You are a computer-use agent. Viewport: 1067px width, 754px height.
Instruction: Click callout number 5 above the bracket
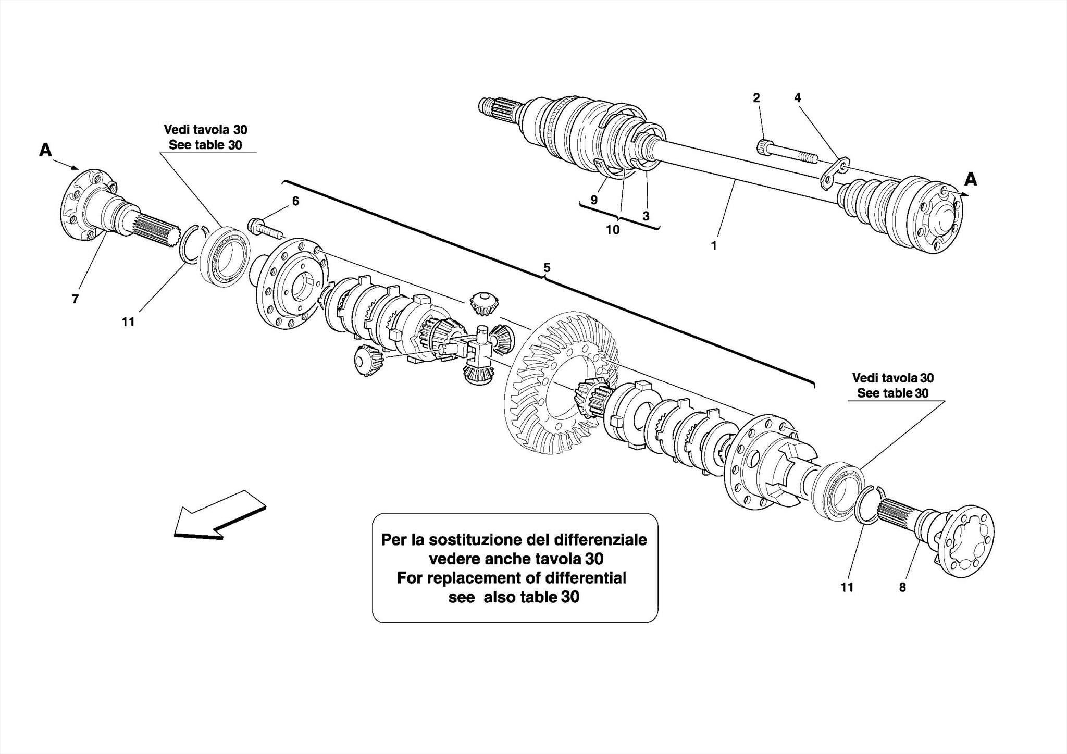tap(547, 268)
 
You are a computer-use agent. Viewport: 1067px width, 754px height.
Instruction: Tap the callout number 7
tap(75, 299)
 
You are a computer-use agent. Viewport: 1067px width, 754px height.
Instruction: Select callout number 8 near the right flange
tap(902, 587)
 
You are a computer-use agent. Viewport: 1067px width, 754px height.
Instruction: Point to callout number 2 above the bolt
tap(756, 98)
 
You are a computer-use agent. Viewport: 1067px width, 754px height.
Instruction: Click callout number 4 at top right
tap(797, 98)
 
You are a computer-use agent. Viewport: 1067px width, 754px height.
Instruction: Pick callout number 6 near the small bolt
tap(295, 201)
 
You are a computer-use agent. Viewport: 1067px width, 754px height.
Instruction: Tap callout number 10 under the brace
tap(612, 229)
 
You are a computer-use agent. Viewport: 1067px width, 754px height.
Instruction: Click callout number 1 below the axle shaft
tap(714, 245)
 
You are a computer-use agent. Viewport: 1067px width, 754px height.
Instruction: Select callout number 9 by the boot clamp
tap(594, 200)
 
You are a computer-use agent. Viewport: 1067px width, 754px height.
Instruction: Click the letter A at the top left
tap(46, 151)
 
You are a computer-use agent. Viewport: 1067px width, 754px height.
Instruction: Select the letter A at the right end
tap(970, 180)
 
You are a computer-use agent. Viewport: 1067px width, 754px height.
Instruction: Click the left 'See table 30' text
tap(205, 145)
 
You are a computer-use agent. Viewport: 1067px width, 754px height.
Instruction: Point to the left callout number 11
tap(128, 322)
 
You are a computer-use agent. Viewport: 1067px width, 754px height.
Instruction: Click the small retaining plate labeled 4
tap(835, 173)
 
